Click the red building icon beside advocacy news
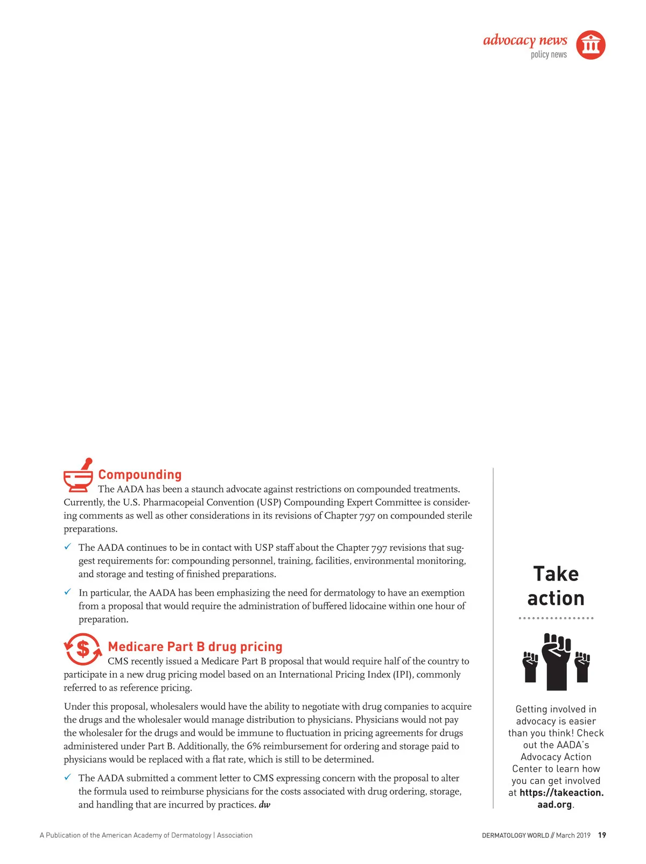(x=591, y=45)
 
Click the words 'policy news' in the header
(x=549, y=55)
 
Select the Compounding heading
(x=140, y=475)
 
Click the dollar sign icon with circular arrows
(x=83, y=649)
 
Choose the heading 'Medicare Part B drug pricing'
(x=195, y=647)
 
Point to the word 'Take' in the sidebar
(x=556, y=574)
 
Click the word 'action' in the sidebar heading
(x=556, y=598)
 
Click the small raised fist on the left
(x=530, y=667)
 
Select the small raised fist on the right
(x=582, y=667)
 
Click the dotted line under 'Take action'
(x=556, y=618)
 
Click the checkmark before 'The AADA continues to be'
(x=68, y=547)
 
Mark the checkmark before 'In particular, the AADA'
(x=68, y=592)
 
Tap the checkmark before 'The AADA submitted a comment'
(x=68, y=777)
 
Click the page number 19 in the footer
(x=602, y=835)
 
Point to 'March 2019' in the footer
(x=573, y=835)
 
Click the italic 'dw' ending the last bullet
(x=264, y=805)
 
